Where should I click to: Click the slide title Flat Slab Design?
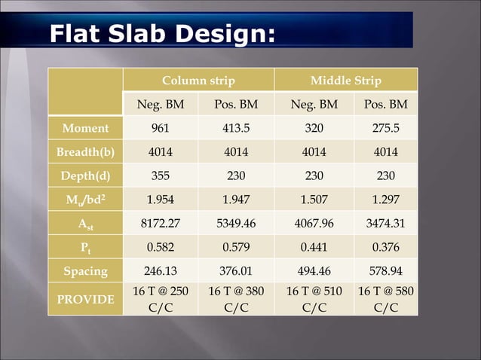click(161, 33)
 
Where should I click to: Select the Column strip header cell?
click(198, 81)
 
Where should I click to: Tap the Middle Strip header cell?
click(345, 81)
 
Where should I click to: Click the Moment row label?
click(85, 128)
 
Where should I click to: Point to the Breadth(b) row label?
click(85, 151)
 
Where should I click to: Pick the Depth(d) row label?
click(85, 175)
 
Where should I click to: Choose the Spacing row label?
click(85, 270)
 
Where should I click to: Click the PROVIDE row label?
click(85, 299)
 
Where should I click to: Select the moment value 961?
click(160, 128)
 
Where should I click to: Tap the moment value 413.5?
click(235, 128)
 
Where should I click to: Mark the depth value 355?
click(160, 175)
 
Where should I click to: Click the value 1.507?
click(314, 199)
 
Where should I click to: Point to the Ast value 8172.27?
click(160, 223)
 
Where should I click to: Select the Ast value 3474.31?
click(385, 223)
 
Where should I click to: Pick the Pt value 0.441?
click(314, 246)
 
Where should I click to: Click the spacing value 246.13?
click(160, 270)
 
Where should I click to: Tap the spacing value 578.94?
click(385, 270)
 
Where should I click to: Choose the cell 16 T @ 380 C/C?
click(235, 299)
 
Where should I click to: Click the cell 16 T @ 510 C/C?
click(314, 299)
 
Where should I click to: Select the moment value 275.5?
click(385, 128)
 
